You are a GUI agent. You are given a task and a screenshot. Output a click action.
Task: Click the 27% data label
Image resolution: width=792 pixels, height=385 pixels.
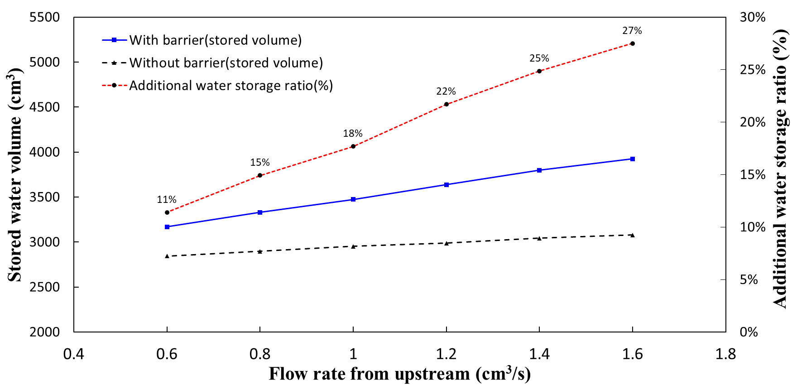(632, 31)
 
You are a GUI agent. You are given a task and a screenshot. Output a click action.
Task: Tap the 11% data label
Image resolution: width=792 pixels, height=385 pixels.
(167, 200)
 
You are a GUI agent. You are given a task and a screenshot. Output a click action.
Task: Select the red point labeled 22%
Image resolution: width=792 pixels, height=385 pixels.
(446, 104)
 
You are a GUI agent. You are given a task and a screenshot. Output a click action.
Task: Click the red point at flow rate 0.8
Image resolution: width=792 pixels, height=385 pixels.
(260, 175)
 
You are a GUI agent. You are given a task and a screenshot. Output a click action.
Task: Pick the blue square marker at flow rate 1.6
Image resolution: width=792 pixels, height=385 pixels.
(633, 159)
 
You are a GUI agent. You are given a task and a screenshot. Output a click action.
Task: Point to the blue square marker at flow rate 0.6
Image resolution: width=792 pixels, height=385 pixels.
(167, 227)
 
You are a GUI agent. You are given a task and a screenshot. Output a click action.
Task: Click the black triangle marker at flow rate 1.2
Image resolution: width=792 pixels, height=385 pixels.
(446, 243)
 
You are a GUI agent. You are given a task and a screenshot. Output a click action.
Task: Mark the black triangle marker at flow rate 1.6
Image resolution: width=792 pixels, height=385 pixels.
(633, 235)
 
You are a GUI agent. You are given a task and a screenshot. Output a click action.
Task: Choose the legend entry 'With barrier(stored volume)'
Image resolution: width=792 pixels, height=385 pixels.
(215, 40)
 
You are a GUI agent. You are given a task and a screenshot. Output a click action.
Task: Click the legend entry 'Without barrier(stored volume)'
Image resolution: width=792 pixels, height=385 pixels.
(226, 63)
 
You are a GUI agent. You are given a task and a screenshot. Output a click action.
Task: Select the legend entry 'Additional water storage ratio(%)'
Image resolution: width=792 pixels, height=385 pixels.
(231, 86)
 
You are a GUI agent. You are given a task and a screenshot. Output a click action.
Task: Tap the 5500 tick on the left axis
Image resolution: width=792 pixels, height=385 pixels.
(44, 17)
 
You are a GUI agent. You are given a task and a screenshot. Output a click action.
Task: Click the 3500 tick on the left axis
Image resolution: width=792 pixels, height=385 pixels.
(44, 197)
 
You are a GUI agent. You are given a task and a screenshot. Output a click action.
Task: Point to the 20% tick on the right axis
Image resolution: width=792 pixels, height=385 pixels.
(752, 122)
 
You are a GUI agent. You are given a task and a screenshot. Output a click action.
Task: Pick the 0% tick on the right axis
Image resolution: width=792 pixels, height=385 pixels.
(749, 332)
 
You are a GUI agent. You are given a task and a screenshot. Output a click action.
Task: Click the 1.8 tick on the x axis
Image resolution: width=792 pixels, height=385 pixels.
(725, 354)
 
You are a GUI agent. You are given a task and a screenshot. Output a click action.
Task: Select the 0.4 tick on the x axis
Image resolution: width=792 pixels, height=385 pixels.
(74, 354)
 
